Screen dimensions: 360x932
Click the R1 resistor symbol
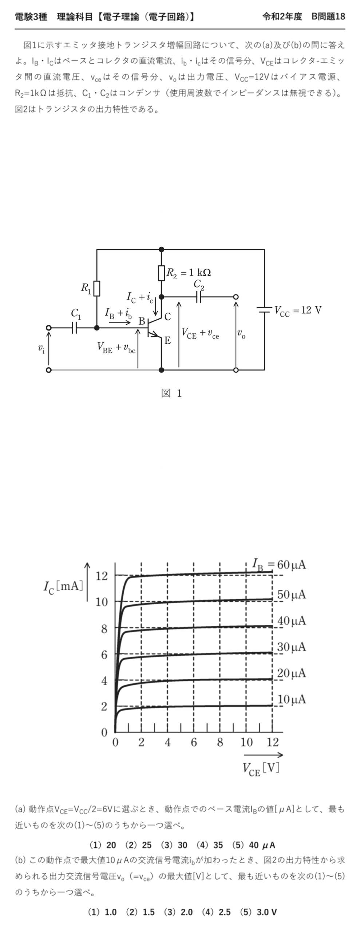pos(97,288)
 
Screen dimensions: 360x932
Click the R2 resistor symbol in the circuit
pos(162,273)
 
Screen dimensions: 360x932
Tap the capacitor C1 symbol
pos(75,328)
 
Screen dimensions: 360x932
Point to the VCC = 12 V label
pos(298,310)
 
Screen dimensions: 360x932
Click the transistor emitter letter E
pos(167,341)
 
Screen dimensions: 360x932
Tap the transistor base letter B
pos(142,321)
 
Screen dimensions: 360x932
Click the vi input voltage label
pos(41,348)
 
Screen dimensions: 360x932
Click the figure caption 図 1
pos(171,393)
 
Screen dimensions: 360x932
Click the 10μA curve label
pos(292,699)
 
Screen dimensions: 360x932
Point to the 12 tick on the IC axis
pos(102,576)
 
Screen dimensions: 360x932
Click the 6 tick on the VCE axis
pos(194,742)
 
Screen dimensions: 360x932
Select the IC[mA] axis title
pos(64,587)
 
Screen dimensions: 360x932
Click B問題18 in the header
pos(328,17)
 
